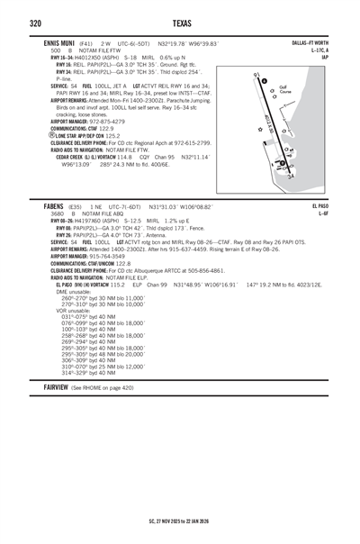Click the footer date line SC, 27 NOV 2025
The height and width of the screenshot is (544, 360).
180,520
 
